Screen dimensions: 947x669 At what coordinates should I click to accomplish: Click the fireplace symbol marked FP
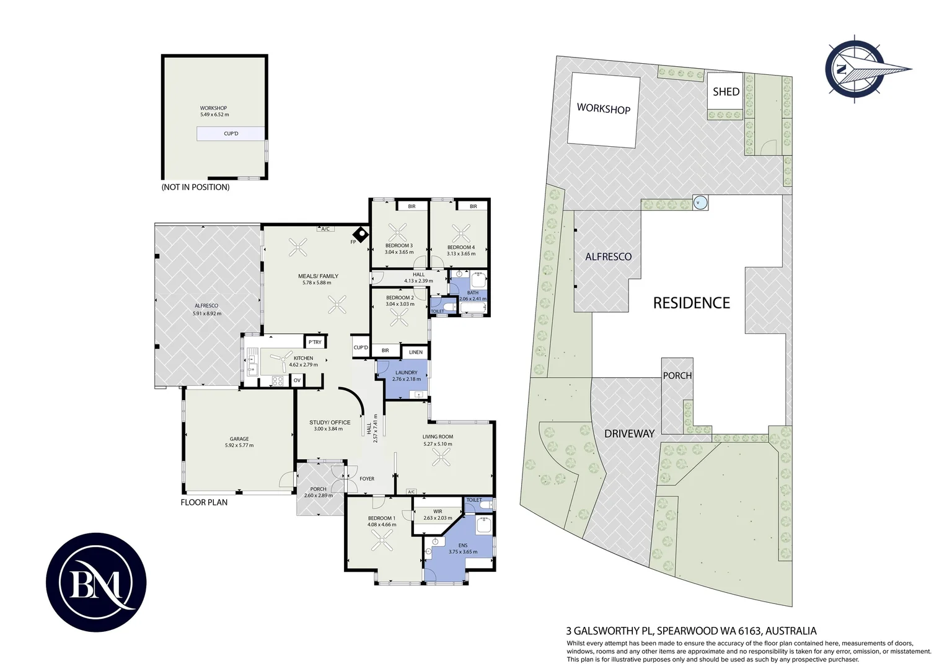pyautogui.click(x=361, y=235)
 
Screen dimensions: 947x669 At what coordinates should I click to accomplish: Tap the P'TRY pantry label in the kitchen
pyautogui.click(x=315, y=342)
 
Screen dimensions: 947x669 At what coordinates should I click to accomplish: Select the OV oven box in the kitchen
pyautogui.click(x=297, y=380)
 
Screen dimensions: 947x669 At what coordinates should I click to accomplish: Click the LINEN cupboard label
pyautogui.click(x=416, y=352)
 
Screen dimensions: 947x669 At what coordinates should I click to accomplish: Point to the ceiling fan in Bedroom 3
pyautogui.click(x=397, y=233)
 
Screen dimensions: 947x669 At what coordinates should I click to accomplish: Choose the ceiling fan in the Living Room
pyautogui.click(x=441, y=457)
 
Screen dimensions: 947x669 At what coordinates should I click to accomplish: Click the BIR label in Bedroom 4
pyautogui.click(x=473, y=206)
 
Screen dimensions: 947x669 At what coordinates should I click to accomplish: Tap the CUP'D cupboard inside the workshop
pyautogui.click(x=231, y=134)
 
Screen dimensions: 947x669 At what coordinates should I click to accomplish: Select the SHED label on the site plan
pyautogui.click(x=726, y=92)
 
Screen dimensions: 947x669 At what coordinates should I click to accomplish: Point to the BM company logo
pyautogui.click(x=97, y=582)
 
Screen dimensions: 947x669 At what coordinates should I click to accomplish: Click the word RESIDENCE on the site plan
pyautogui.click(x=692, y=303)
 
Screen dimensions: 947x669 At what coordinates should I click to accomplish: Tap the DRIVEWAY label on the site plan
pyautogui.click(x=630, y=434)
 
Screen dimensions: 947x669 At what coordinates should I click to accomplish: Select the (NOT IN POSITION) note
pyautogui.click(x=195, y=187)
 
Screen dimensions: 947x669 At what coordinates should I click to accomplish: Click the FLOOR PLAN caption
pyautogui.click(x=204, y=502)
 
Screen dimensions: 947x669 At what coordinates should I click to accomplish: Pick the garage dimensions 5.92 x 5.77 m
pyautogui.click(x=239, y=445)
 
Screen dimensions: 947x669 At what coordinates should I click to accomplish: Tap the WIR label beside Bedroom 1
pyautogui.click(x=438, y=512)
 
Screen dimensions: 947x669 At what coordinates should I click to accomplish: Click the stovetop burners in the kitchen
pyautogui.click(x=277, y=381)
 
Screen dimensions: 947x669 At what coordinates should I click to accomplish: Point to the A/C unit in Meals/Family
pyautogui.click(x=325, y=229)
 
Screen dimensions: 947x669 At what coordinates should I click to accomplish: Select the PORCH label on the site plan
pyautogui.click(x=677, y=376)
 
